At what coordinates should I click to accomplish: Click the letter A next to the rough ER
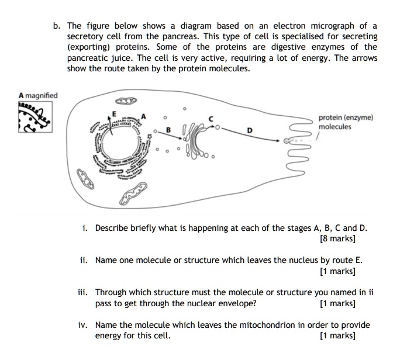(x=141, y=116)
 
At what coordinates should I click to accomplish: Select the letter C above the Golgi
(x=211, y=119)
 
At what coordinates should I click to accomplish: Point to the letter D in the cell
(x=249, y=131)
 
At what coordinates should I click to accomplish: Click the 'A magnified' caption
(x=38, y=95)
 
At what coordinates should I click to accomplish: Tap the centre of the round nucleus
(x=120, y=144)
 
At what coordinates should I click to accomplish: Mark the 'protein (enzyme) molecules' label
(x=346, y=122)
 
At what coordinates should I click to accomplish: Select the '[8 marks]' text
(x=338, y=238)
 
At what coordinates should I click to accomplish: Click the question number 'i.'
(x=85, y=228)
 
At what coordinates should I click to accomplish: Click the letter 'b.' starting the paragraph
(x=56, y=26)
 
